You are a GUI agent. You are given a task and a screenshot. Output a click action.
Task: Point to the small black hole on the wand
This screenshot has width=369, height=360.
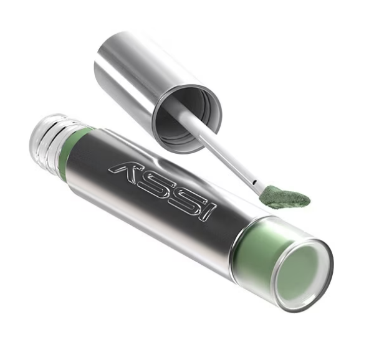[255, 182]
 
